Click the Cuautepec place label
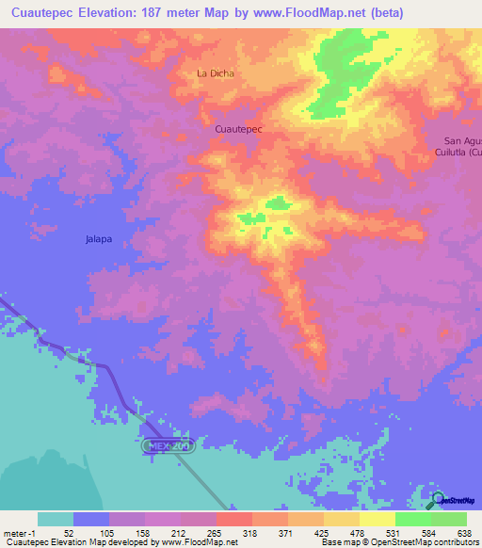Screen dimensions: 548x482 click(238, 127)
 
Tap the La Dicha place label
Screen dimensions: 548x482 click(215, 73)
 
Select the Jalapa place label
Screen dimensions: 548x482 click(99, 239)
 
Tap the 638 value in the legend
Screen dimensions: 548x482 click(466, 532)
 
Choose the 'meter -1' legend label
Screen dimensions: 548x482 click(18, 532)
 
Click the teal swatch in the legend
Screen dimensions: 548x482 click(56, 519)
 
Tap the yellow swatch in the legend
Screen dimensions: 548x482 click(378, 519)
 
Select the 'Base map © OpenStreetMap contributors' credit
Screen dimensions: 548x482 click(399, 542)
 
